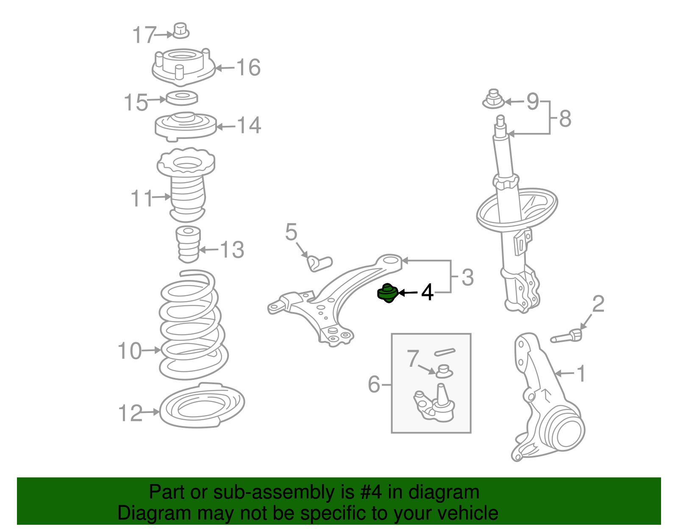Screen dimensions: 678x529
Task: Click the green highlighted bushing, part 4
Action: click(x=387, y=293)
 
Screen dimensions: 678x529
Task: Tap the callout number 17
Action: click(x=144, y=35)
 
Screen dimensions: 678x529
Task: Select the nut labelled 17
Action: click(x=181, y=30)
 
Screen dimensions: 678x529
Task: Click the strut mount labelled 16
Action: click(x=183, y=67)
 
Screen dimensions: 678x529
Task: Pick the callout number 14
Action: click(x=249, y=125)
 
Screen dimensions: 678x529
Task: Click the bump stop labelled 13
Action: click(x=188, y=244)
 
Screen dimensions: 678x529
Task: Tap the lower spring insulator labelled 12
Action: click(x=202, y=405)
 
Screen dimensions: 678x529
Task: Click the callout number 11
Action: click(x=142, y=198)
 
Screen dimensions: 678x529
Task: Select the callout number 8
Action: click(x=565, y=119)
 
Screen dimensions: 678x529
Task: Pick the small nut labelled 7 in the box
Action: click(x=444, y=371)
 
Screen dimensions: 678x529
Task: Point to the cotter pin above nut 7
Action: click(x=445, y=352)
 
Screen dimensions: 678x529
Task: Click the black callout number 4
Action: click(x=427, y=292)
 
